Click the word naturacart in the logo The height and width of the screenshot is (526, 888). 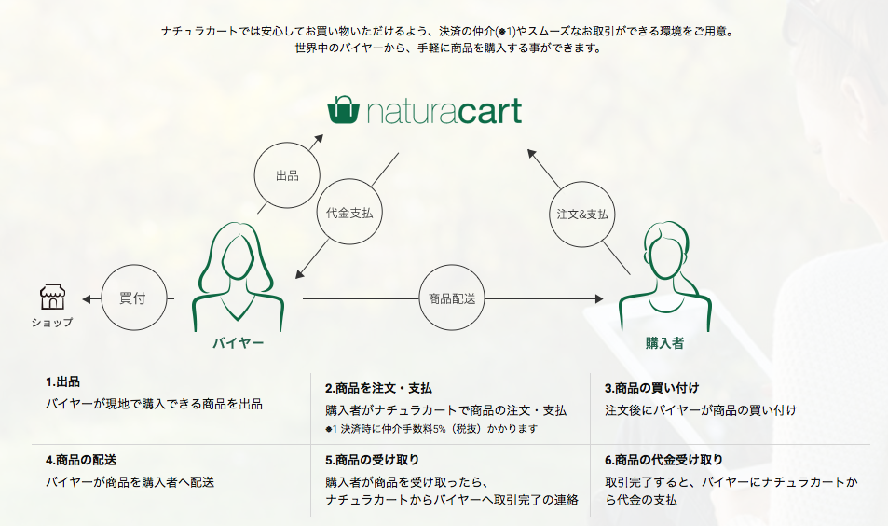pos(444,111)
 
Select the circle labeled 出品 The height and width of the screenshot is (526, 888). pos(287,175)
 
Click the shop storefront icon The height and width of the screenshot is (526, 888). pos(53,297)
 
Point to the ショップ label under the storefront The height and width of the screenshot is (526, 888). pos(52,323)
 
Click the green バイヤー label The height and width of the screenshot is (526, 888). pos(239,343)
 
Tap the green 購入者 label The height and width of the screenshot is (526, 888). pos(665,343)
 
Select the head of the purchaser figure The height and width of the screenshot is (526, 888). pos(668,252)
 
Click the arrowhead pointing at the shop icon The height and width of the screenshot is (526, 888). pos(87,298)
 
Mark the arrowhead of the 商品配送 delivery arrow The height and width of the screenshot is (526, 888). pos(599,298)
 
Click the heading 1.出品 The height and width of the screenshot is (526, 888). pos(62,382)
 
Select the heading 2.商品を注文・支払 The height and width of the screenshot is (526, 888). pos(378,388)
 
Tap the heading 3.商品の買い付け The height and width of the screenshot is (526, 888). pos(652,388)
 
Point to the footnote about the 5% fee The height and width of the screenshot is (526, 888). pos(431,429)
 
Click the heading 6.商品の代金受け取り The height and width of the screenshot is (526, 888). pos(663,460)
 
